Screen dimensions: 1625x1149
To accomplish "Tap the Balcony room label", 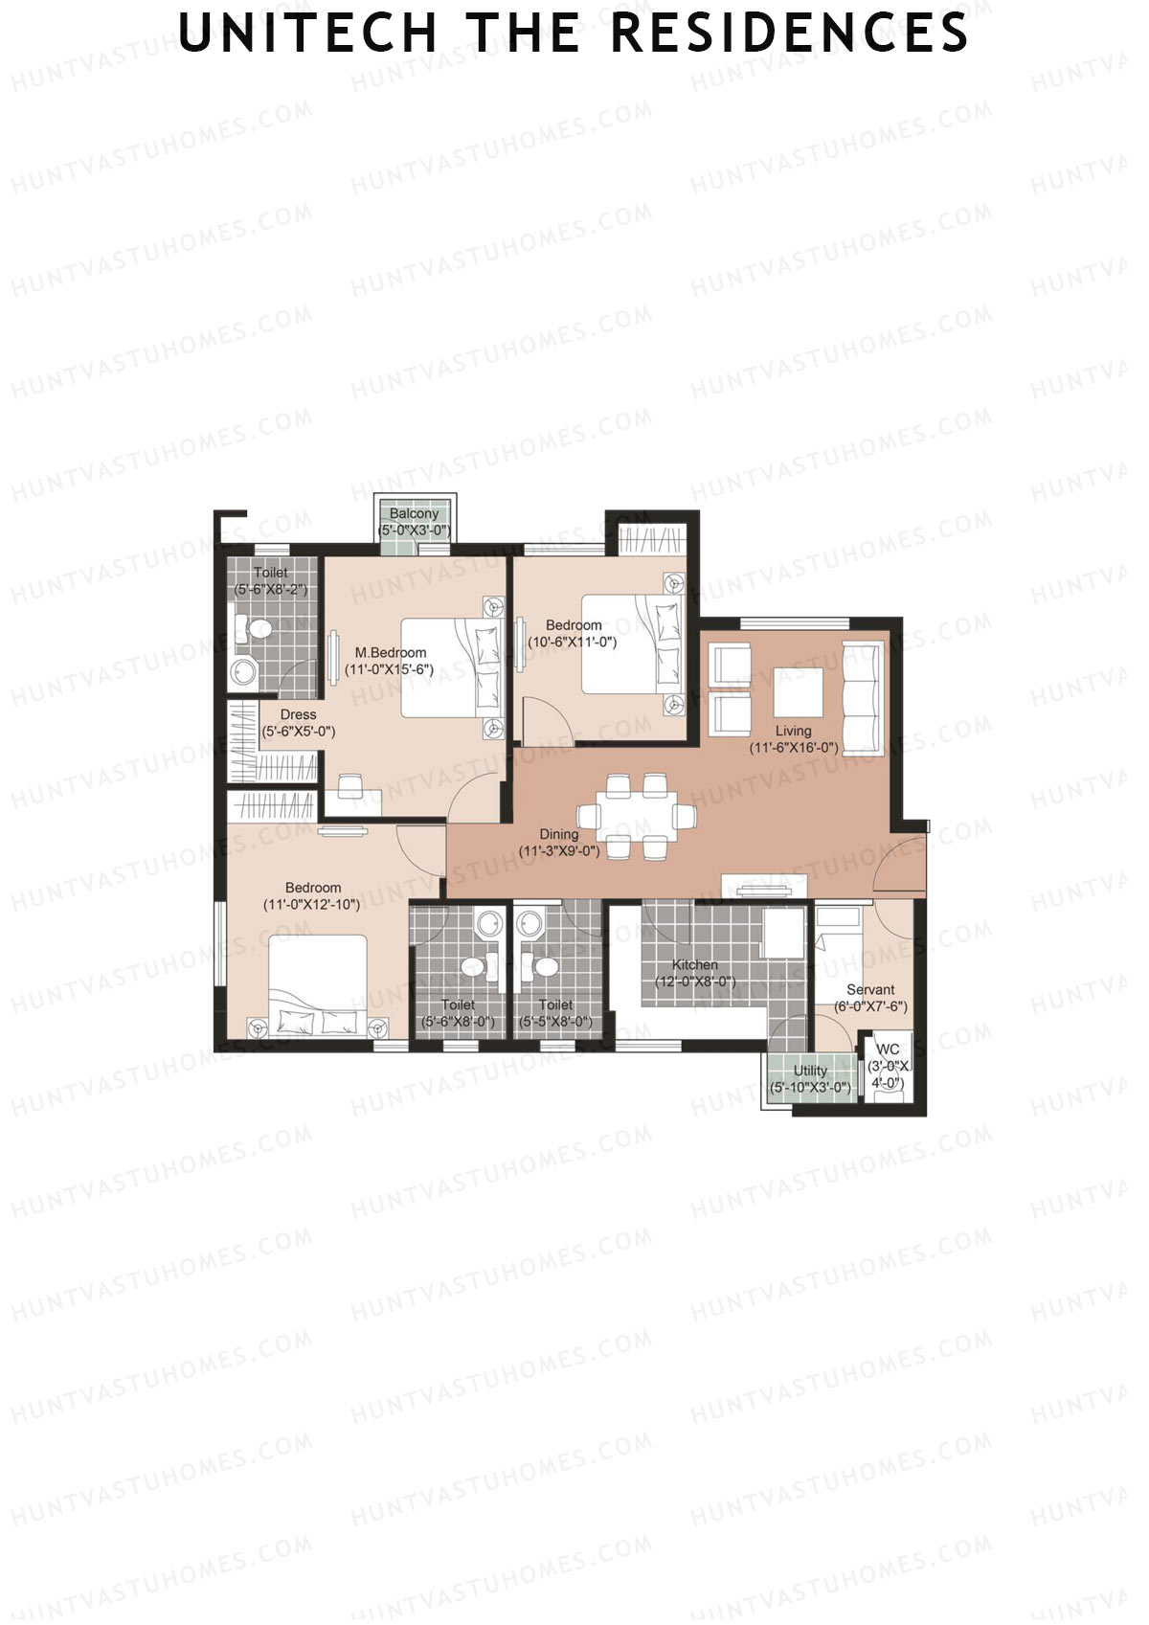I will (x=414, y=514).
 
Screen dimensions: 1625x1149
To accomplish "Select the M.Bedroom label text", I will (x=391, y=653).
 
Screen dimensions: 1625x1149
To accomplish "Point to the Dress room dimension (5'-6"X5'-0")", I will (x=299, y=732).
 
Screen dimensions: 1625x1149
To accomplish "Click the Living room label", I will (x=793, y=731).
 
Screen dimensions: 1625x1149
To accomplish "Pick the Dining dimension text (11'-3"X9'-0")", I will (x=559, y=850).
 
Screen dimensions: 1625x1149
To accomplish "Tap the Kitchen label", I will (x=694, y=964).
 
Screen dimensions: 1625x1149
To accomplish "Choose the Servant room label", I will (x=870, y=990).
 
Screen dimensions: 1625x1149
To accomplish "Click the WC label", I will (x=888, y=1049).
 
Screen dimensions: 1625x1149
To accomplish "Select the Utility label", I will (x=810, y=1071).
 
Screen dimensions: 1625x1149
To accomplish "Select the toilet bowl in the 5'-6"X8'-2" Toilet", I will (x=257, y=629).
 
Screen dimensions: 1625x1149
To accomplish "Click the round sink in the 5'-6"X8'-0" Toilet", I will (x=490, y=924).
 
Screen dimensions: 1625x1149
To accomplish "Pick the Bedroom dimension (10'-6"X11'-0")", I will (x=574, y=642).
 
